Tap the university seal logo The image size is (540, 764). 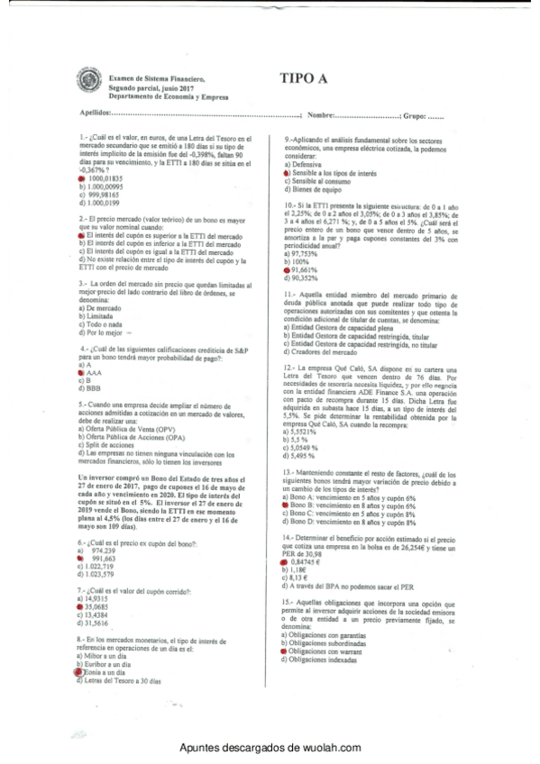90,83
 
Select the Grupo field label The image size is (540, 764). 413,115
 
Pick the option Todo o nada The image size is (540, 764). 104,324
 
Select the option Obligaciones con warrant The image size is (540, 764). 339,650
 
